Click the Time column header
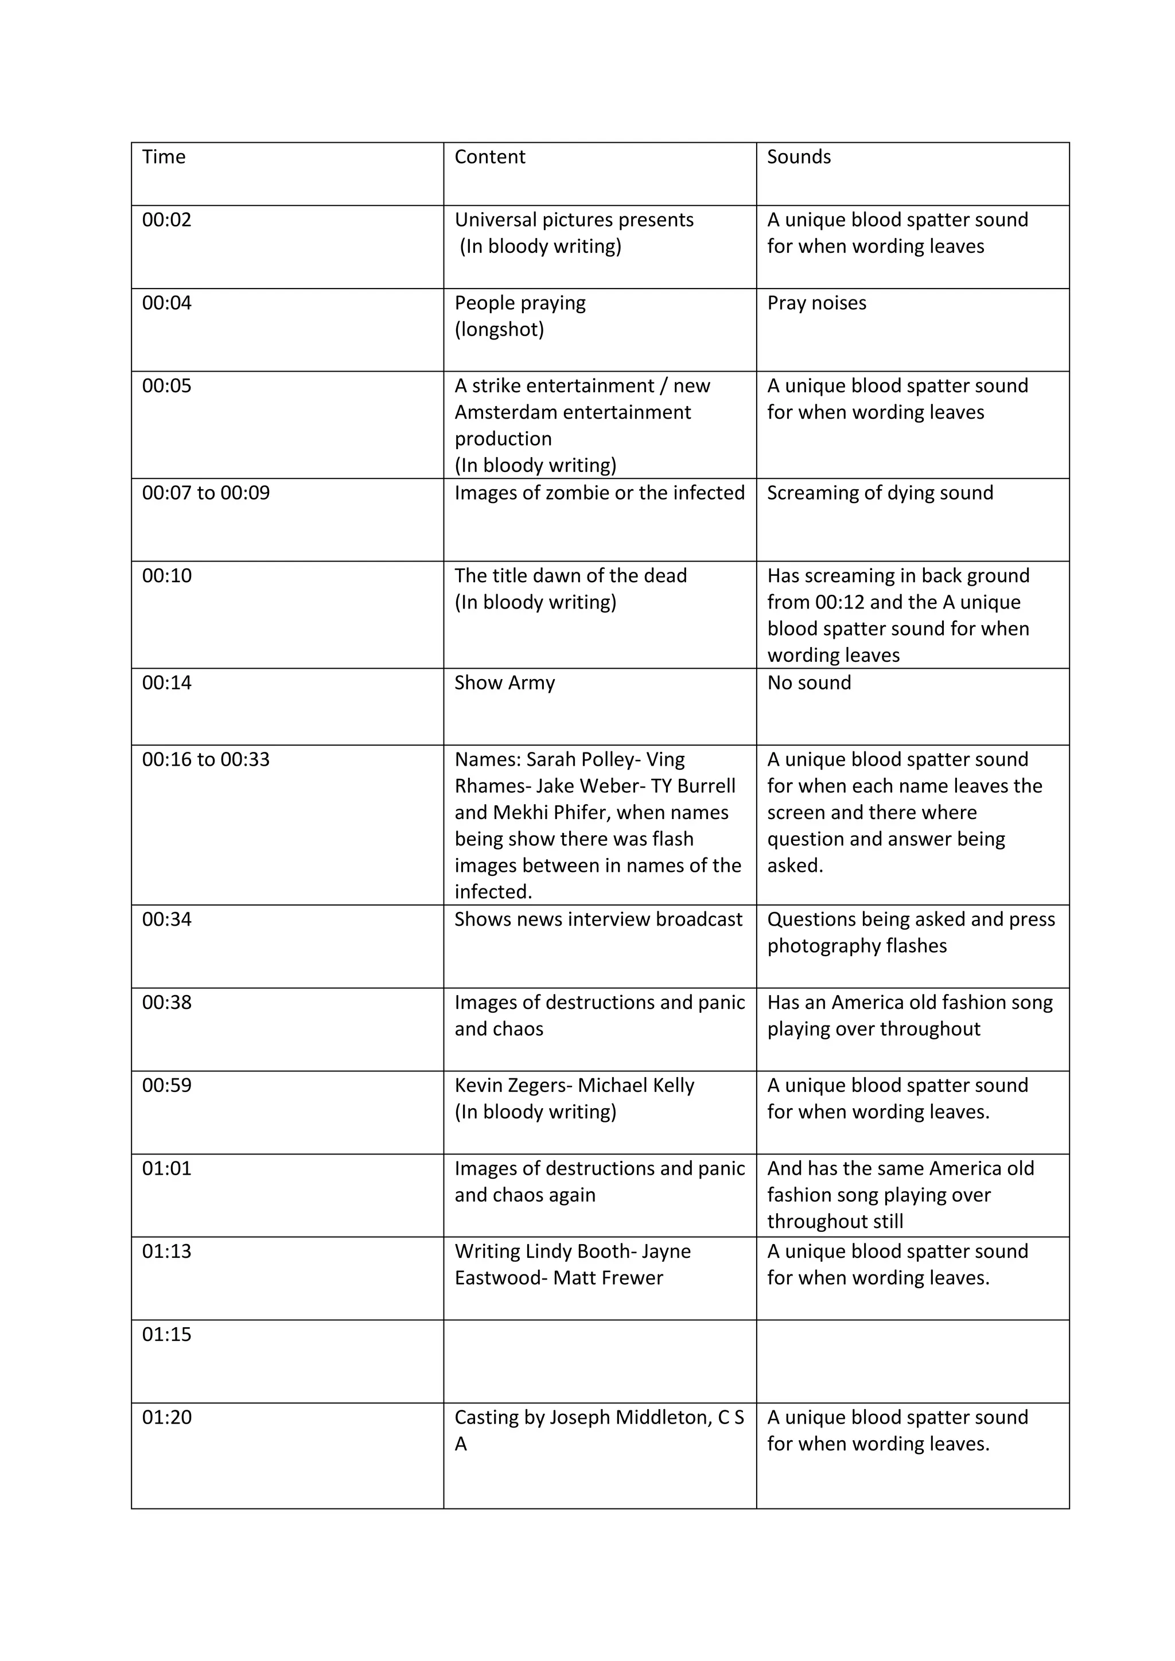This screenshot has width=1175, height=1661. tap(164, 157)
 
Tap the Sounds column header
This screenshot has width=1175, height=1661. tap(798, 157)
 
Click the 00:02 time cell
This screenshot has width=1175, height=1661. tap(166, 220)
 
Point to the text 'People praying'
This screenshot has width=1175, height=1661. tap(519, 303)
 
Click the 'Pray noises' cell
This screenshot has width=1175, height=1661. tap(816, 303)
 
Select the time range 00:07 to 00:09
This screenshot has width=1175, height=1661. tap(205, 493)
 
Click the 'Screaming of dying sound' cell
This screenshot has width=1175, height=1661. tap(880, 493)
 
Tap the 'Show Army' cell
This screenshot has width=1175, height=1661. tap(504, 683)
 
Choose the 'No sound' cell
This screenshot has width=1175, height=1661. tap(809, 683)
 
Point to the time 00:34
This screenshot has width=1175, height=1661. tap(166, 919)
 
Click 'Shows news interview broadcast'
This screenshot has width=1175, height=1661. tap(598, 919)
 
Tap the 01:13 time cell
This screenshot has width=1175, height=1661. tap(166, 1251)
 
